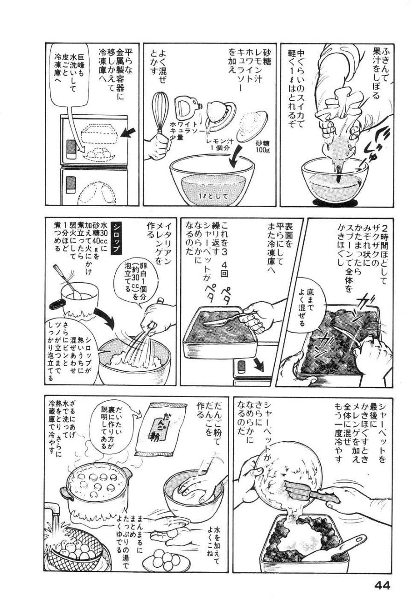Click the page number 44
coord(381,585)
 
